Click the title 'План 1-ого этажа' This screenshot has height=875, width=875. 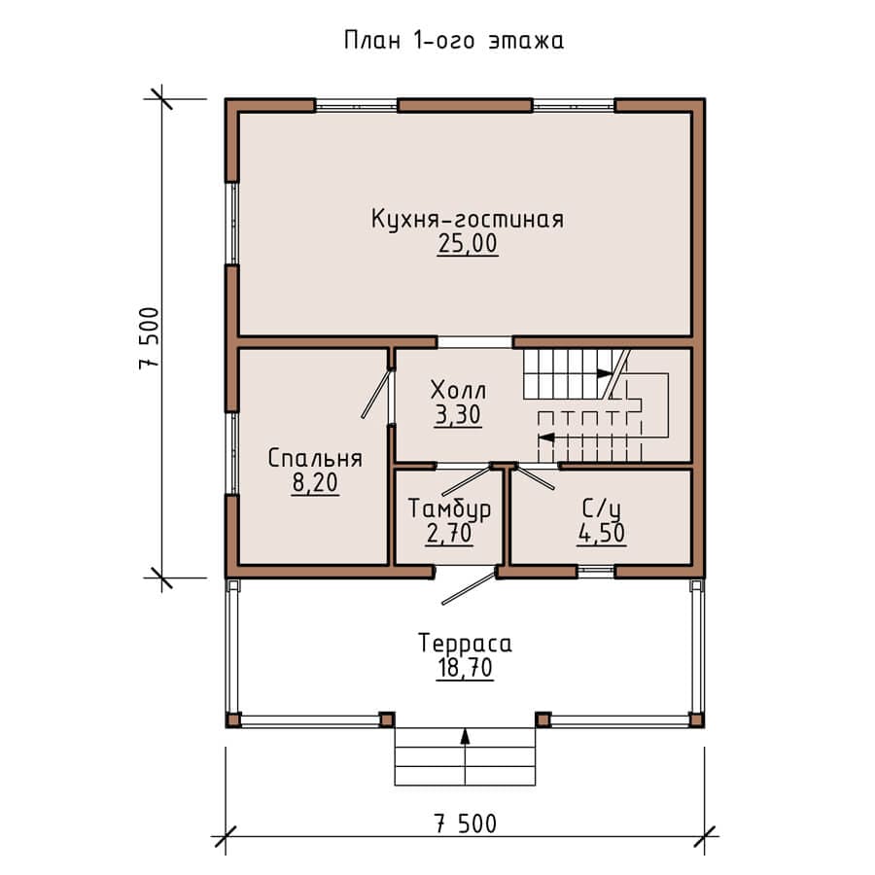[454, 41]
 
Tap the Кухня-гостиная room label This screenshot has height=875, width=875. [468, 219]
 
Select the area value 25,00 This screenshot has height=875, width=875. [468, 244]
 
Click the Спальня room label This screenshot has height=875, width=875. [315, 458]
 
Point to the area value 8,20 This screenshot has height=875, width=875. [315, 483]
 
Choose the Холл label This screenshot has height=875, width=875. [459, 390]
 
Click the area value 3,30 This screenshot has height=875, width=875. [458, 415]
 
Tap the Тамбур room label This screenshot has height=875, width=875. [450, 508]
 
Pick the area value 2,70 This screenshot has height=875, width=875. [450, 534]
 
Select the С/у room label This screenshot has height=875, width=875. [601, 508]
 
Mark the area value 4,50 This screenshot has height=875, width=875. [602, 534]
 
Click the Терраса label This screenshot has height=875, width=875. [466, 643]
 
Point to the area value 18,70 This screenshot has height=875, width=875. [466, 668]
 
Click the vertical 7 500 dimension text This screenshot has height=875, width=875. [150, 338]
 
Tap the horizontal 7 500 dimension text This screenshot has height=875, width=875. [466, 824]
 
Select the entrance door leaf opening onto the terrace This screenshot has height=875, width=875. [469, 587]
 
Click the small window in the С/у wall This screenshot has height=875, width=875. [596, 571]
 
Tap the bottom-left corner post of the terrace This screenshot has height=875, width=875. [233, 719]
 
